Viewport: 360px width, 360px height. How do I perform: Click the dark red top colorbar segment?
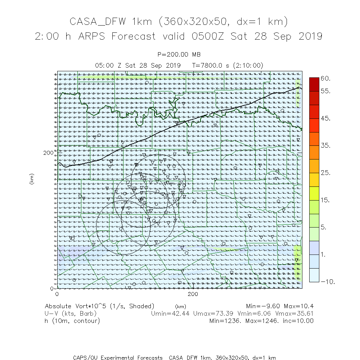[x=314, y=84]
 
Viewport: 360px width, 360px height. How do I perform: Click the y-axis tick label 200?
[x=48, y=153]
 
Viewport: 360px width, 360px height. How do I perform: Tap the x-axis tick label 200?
[x=193, y=294]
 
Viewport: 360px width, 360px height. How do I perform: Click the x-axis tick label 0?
[x=57, y=294]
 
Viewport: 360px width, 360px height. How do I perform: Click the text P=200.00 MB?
[x=179, y=54]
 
